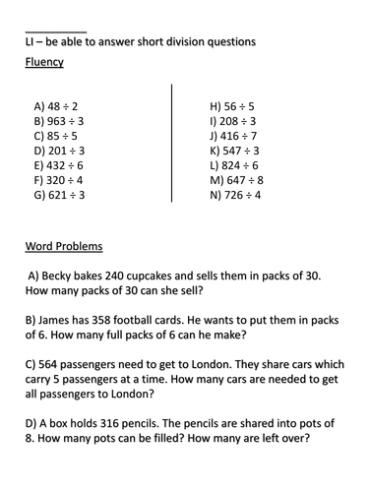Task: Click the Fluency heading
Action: click(44, 63)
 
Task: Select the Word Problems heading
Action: click(64, 246)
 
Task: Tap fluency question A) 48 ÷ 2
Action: click(56, 105)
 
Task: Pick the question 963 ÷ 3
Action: click(59, 120)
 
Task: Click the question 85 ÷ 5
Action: click(56, 136)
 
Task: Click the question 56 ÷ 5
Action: click(232, 105)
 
